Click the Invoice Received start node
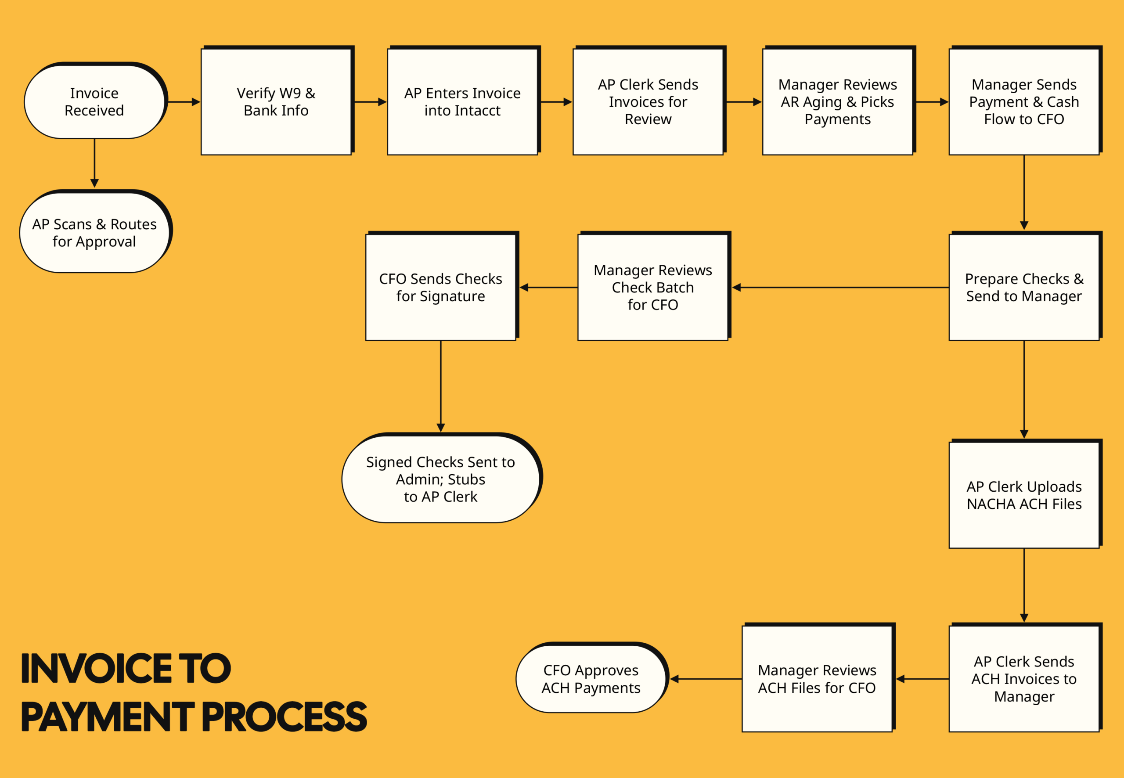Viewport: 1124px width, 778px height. tap(94, 102)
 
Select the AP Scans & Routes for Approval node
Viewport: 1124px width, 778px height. tap(94, 233)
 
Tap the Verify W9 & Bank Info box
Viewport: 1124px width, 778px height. tap(276, 102)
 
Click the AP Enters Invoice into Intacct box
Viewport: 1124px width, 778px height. tap(462, 102)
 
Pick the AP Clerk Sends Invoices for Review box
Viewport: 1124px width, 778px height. tap(648, 102)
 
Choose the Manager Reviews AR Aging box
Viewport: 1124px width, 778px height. tap(837, 102)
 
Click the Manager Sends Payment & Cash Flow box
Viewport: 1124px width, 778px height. tap(1023, 102)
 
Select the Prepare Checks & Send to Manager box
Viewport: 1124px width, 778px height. tap(1023, 288)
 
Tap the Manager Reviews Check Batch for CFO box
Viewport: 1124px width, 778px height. tap(652, 288)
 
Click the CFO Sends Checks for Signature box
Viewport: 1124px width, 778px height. tap(441, 288)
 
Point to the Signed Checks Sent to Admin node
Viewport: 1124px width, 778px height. tap(441, 479)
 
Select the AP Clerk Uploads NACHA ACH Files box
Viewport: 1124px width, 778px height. tap(1023, 495)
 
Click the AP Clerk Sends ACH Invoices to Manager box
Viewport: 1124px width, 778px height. tap(1023, 679)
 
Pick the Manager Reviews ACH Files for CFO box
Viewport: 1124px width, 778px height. tap(817, 679)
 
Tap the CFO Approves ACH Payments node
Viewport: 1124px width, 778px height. tap(591, 679)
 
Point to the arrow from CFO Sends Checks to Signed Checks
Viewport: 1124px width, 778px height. tap(441, 385)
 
